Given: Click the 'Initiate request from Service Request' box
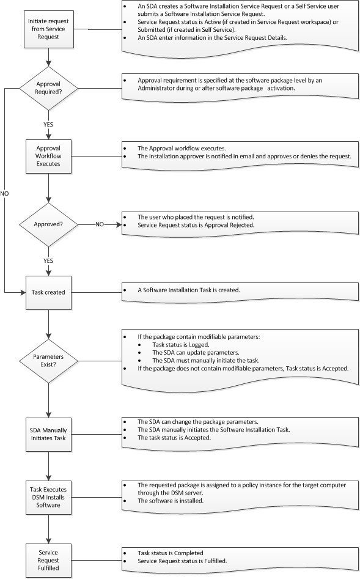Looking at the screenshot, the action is (x=48, y=29).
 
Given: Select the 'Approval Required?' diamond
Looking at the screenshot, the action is (x=48, y=88).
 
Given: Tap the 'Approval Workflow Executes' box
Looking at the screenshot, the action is (x=48, y=156).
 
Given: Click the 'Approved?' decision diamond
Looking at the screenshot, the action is (x=48, y=224).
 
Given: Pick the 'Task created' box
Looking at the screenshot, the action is (x=48, y=292).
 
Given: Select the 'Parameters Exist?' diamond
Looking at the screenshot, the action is (x=48, y=361).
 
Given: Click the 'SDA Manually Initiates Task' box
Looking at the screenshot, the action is (x=48, y=434).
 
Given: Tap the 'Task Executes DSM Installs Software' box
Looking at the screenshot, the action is (x=48, y=498).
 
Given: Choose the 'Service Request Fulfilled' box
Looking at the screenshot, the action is (x=48, y=560).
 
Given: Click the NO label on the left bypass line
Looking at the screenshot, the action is (x=4, y=193).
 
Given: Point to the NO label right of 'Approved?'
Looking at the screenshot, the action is (x=100, y=224).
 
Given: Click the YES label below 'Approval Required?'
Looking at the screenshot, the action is (x=48, y=125).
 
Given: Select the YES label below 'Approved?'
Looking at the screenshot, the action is (x=48, y=260).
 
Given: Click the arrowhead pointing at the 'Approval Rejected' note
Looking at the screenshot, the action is (x=119, y=224).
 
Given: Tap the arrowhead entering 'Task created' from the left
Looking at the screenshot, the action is (x=23, y=292).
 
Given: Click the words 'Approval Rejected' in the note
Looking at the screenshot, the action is (x=229, y=225).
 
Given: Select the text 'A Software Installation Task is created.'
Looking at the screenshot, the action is (x=189, y=290).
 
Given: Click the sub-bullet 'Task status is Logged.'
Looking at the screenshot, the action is (x=181, y=344).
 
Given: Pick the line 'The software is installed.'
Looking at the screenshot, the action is (x=171, y=501).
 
